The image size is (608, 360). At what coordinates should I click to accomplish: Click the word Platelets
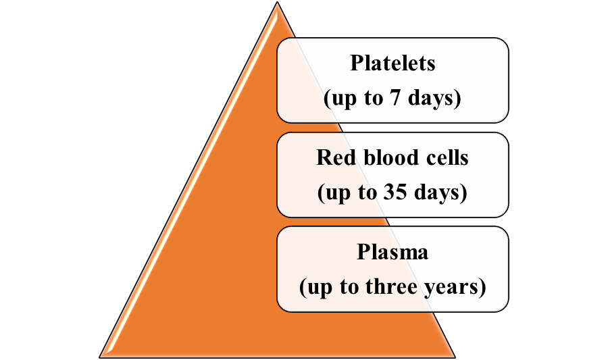[x=392, y=63]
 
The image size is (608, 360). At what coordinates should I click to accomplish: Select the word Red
[x=335, y=157]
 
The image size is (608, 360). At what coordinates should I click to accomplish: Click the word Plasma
[x=392, y=253]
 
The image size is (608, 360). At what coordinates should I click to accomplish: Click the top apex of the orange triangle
[x=277, y=2]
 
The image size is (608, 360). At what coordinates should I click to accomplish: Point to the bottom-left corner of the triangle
[x=100, y=357]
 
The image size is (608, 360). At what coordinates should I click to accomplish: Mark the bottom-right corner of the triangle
[x=455, y=357]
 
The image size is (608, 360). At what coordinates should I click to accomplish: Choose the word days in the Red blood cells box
[x=436, y=192]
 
